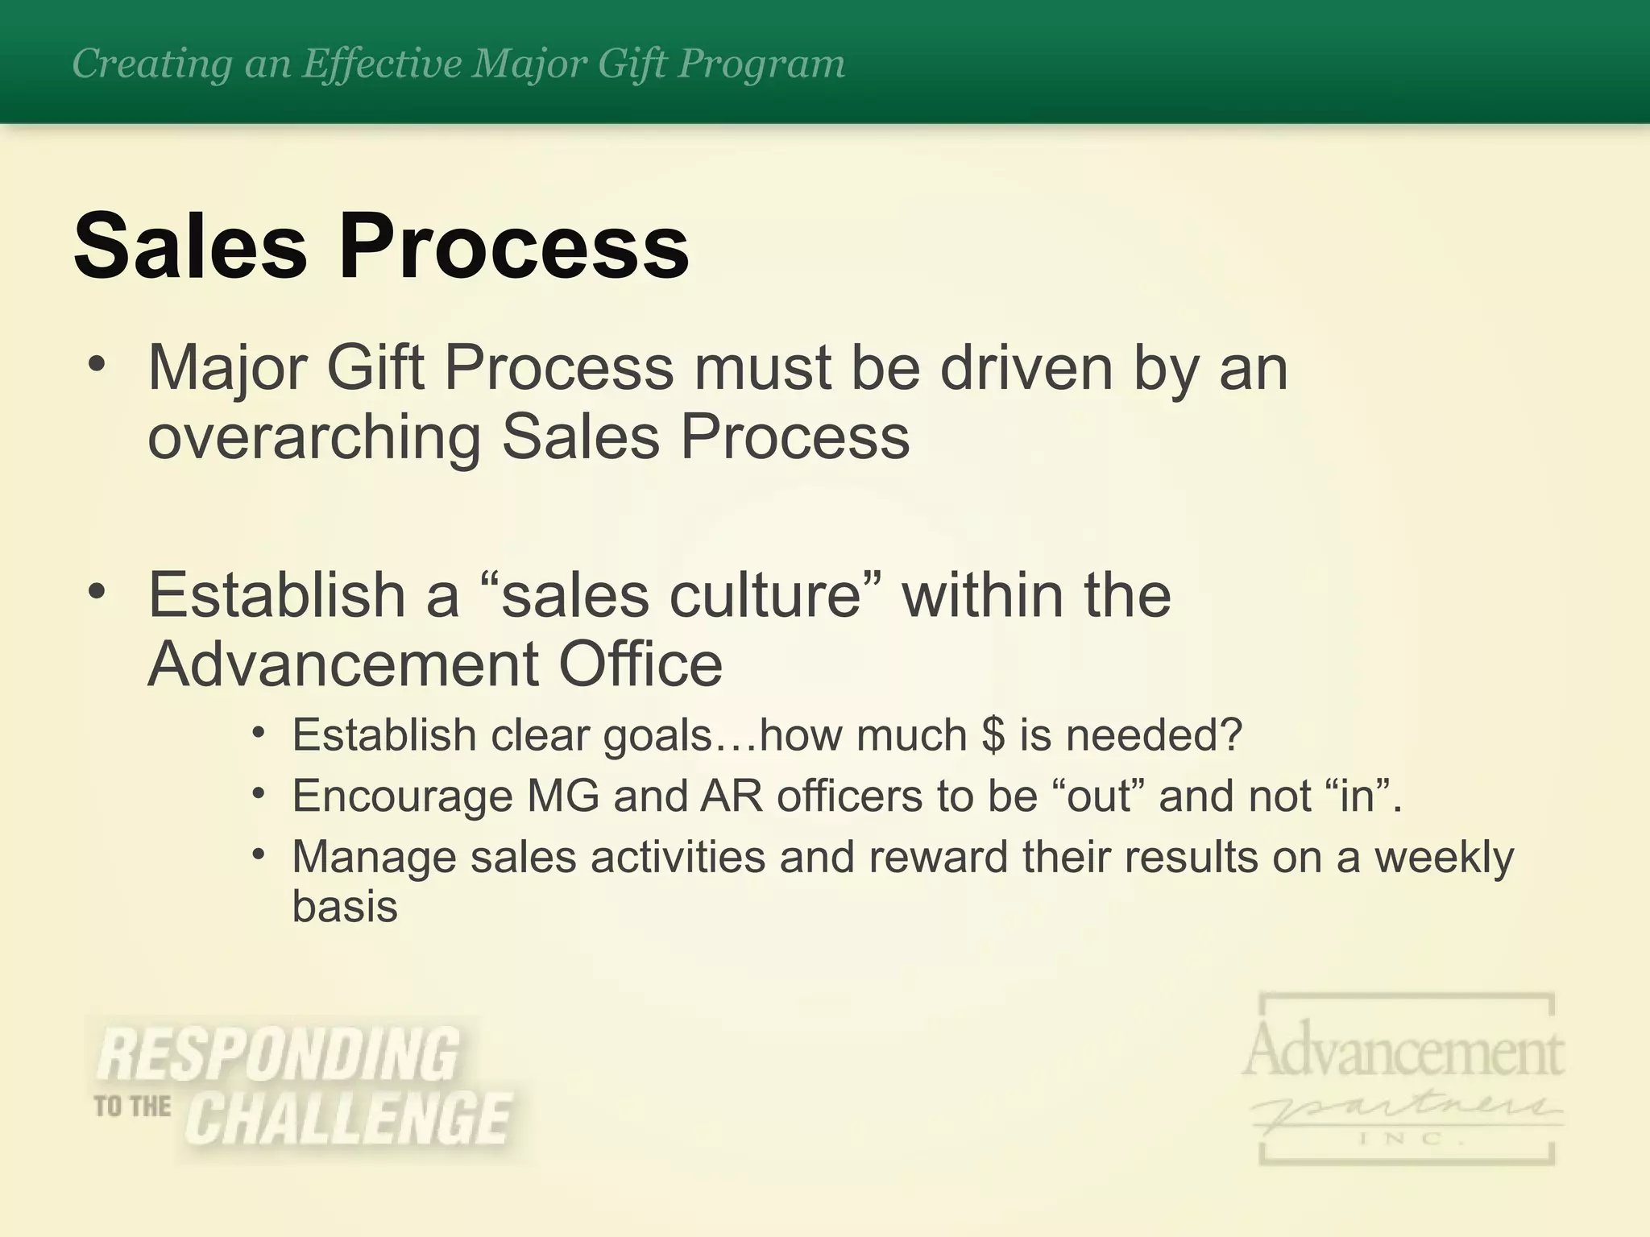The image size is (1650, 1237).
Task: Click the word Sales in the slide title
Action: tap(190, 246)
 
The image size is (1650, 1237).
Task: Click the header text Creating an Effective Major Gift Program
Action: tap(458, 64)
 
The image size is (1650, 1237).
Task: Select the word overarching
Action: tap(314, 437)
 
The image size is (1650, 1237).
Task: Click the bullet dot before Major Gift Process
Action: tap(97, 365)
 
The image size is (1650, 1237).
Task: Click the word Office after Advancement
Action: tap(641, 664)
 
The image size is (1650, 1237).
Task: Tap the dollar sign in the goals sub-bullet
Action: tap(993, 735)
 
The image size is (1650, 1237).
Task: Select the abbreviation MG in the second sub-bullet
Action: tap(563, 796)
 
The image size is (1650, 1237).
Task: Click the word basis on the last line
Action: tap(345, 906)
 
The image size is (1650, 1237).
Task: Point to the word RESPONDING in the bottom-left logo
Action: tap(279, 1054)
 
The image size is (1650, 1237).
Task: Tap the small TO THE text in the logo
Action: tap(132, 1107)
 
